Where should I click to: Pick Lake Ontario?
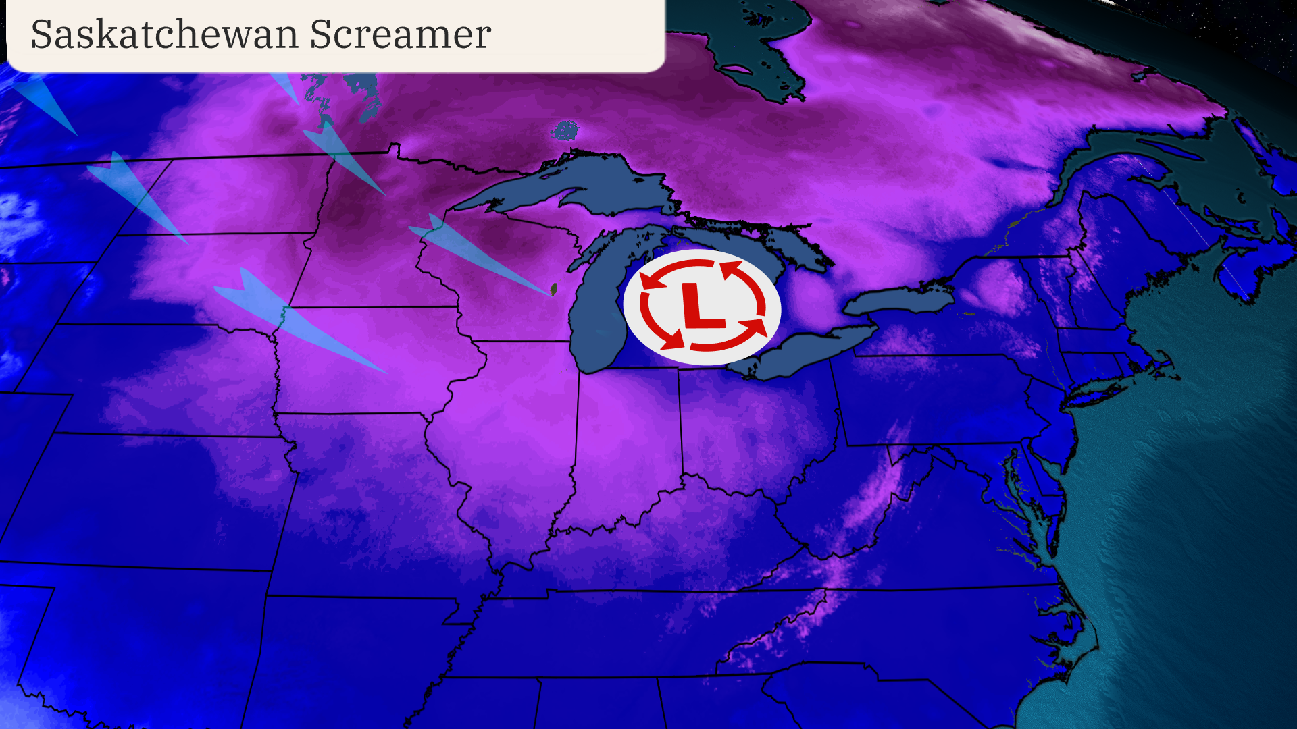pos(898,300)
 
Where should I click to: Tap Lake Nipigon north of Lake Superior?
pos(565,130)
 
